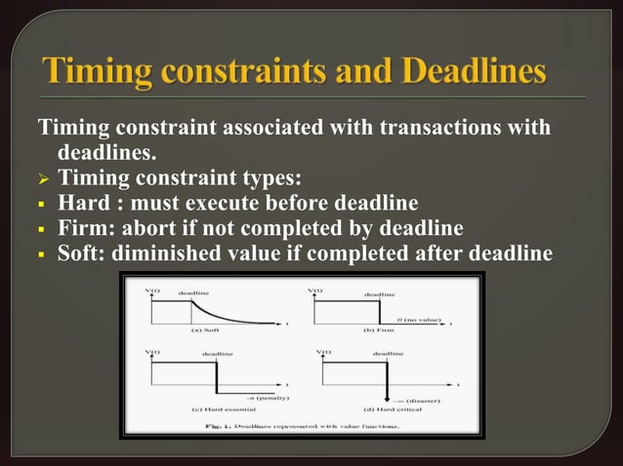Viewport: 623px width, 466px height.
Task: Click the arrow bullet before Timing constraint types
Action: click(x=43, y=178)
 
